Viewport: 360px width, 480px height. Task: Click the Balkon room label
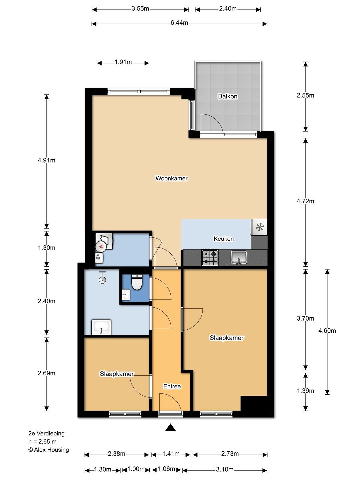click(228, 96)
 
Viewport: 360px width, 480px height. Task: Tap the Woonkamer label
click(171, 178)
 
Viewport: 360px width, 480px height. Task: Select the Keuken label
click(224, 239)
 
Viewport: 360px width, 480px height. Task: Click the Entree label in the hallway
click(172, 386)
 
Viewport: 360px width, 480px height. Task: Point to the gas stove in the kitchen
click(210, 257)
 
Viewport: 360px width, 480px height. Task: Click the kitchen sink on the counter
click(239, 257)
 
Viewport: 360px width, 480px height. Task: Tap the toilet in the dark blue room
click(137, 282)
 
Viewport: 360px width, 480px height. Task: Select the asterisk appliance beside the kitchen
click(259, 227)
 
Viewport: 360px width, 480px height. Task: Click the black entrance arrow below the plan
click(170, 427)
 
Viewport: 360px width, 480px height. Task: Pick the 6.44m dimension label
click(179, 23)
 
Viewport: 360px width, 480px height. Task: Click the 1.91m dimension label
click(123, 62)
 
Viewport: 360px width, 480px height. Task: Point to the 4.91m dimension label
click(47, 160)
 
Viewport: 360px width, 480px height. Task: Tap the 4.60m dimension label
click(327, 331)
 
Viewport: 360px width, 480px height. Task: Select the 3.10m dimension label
click(225, 469)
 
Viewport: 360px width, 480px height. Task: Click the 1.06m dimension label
click(166, 469)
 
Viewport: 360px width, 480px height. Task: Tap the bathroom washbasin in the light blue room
click(101, 327)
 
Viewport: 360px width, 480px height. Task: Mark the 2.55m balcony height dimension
click(305, 95)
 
